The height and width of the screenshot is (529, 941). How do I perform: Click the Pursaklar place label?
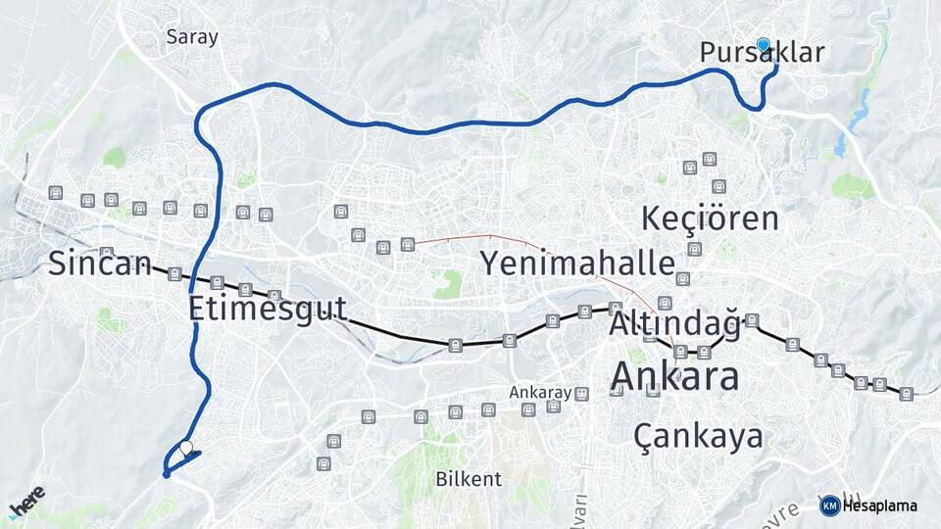762,53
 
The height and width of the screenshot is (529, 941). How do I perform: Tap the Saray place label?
192,37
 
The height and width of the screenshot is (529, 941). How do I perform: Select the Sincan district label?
100,263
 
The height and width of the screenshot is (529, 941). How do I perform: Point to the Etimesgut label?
268,309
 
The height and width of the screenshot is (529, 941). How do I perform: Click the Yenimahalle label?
577,263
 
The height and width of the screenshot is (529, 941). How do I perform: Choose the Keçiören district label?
710,218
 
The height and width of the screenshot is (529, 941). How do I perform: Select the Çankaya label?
698,434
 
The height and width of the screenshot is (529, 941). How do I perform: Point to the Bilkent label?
469,479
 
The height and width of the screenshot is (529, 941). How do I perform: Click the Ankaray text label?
539,392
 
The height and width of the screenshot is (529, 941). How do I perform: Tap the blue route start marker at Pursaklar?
764,44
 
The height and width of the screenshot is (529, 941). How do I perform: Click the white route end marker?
186,448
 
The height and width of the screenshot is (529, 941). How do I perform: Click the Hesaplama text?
879,505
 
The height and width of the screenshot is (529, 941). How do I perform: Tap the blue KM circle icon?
829,505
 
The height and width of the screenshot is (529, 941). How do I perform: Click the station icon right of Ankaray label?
581,394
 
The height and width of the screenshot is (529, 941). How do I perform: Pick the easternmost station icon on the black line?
906,394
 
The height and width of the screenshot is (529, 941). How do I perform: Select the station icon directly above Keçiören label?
718,186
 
